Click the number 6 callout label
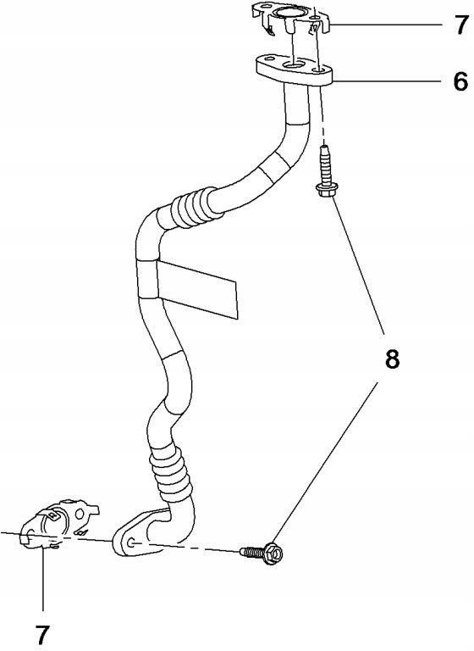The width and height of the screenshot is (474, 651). [460, 81]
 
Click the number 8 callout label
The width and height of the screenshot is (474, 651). [392, 359]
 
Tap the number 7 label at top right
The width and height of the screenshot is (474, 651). [460, 25]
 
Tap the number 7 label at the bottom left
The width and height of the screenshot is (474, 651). [42, 635]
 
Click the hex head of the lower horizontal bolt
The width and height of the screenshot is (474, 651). [273, 554]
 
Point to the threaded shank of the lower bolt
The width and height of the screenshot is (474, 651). [252, 552]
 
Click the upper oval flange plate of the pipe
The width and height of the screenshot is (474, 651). [295, 70]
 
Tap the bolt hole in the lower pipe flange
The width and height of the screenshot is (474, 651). [132, 542]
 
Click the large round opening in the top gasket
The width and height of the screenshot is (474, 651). [285, 13]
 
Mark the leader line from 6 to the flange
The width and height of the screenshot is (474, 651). [388, 81]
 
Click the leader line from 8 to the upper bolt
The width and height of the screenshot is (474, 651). [357, 265]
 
